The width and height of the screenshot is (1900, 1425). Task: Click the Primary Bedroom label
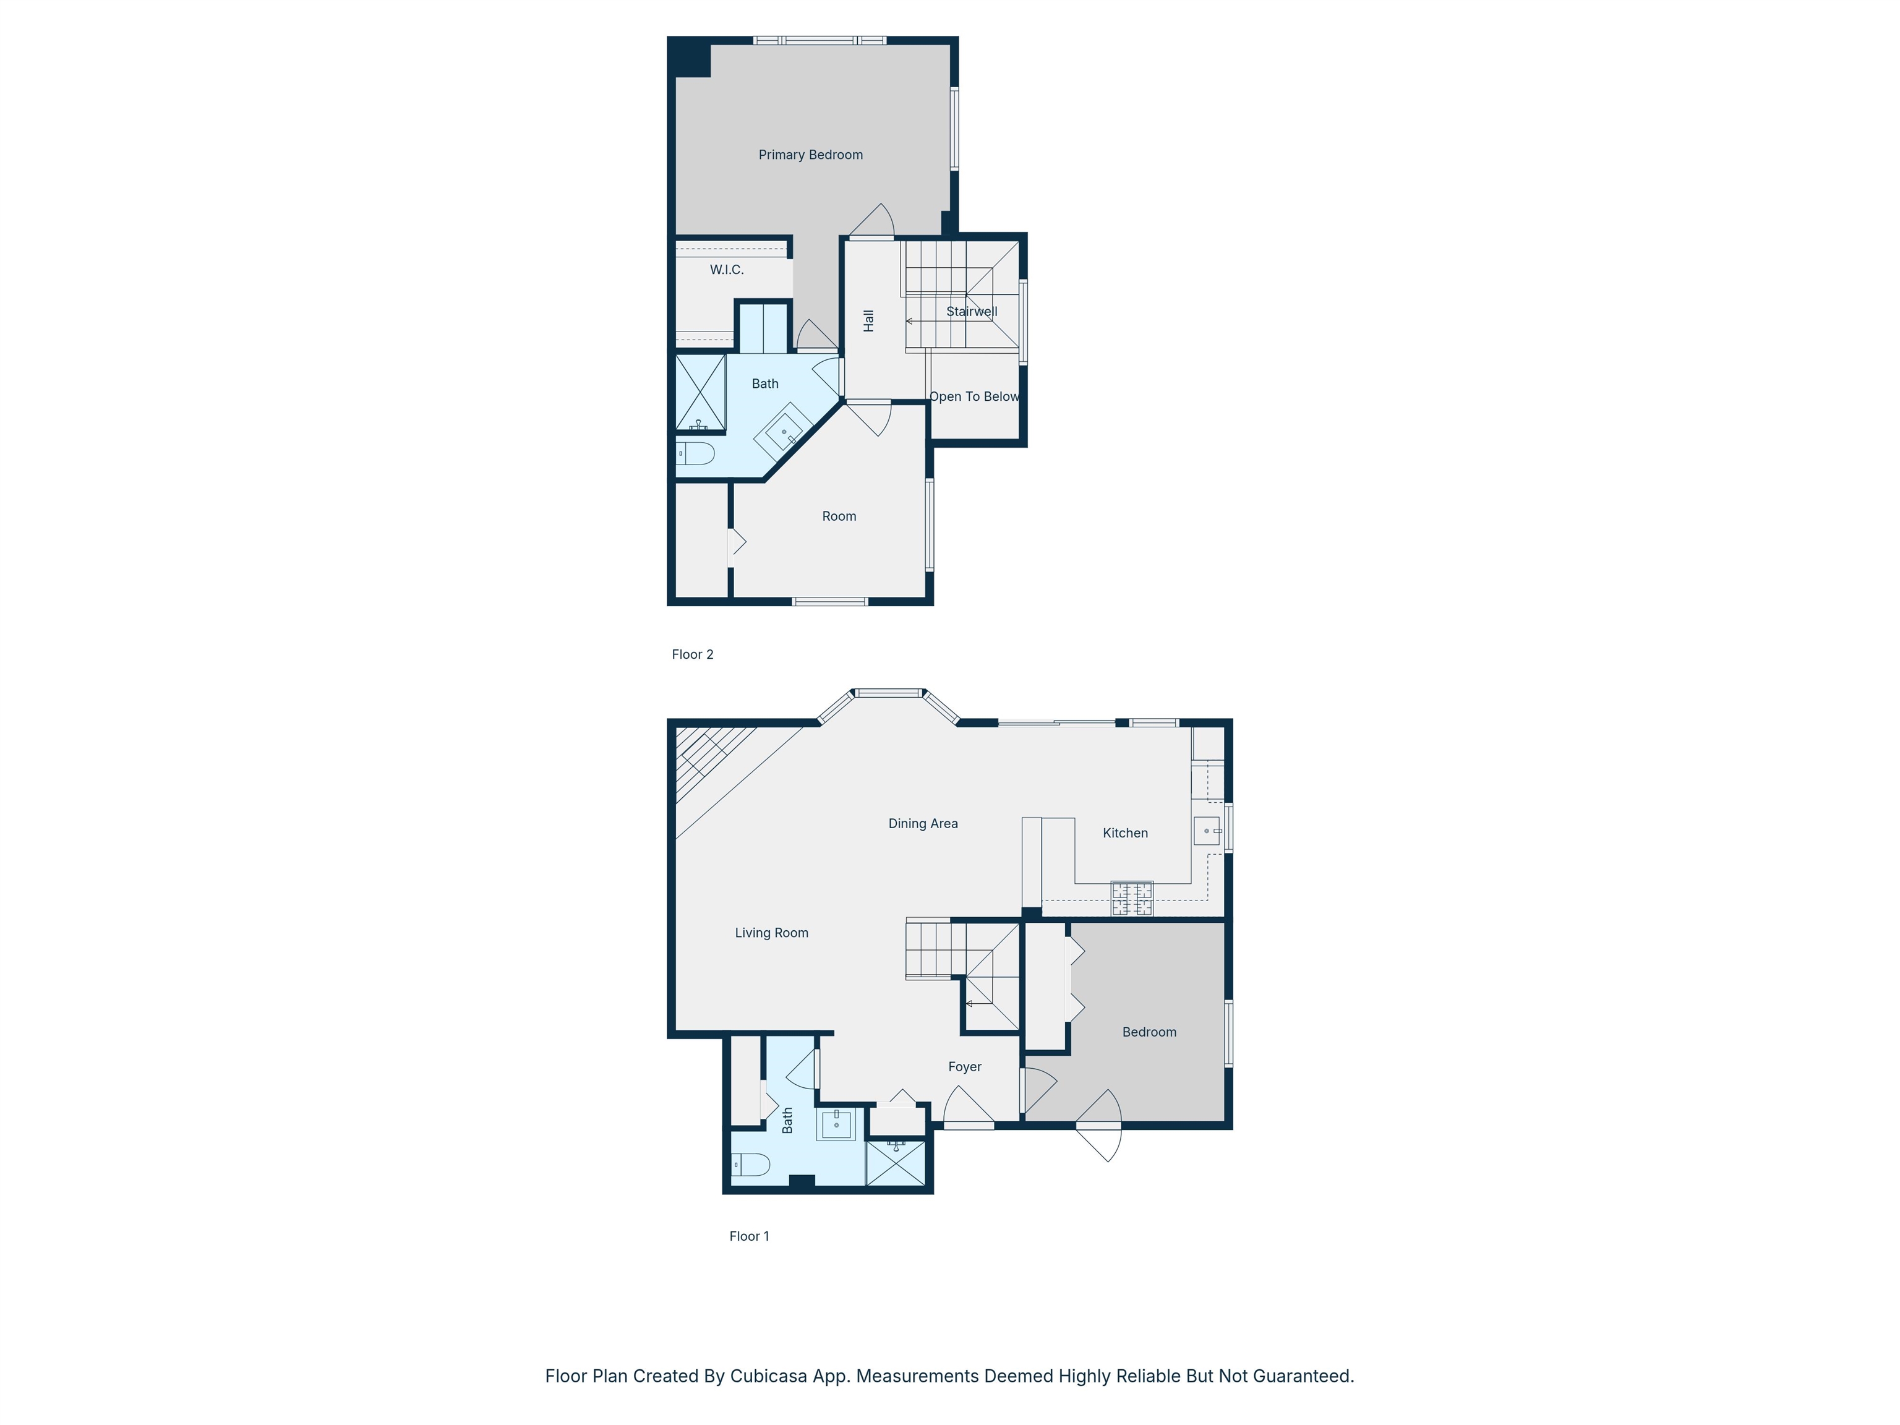pos(810,155)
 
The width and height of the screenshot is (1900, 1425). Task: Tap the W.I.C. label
pos(727,270)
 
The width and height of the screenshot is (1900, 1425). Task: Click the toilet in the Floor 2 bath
pos(696,453)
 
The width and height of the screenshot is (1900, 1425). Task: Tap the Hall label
pos(868,321)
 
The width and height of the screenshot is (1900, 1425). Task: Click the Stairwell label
pos(972,312)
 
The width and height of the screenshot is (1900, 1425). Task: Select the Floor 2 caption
pos(692,654)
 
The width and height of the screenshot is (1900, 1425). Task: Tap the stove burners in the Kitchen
pos(1132,899)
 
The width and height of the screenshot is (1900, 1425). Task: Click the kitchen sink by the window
pos(1207,831)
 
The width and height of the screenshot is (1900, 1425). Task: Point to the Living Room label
pos(771,933)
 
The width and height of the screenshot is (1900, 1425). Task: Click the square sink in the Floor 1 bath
pos(836,1124)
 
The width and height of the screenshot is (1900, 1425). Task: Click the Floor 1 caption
pos(749,1236)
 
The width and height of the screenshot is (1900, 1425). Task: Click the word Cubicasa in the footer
pos(769,1376)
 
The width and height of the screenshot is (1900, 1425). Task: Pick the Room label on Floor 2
pos(839,516)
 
